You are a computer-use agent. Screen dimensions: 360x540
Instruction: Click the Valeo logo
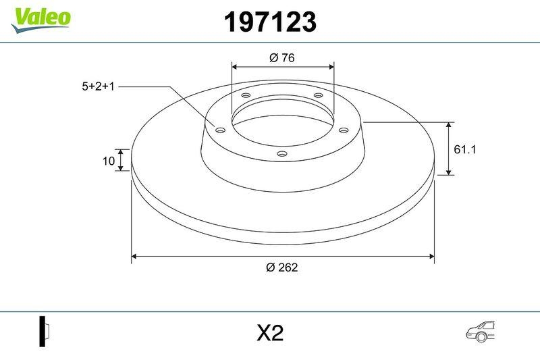(x=40, y=18)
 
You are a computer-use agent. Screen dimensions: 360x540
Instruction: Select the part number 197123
(x=269, y=23)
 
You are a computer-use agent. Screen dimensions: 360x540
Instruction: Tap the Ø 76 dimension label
(x=282, y=58)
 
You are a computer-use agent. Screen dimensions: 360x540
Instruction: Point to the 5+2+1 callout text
(x=99, y=86)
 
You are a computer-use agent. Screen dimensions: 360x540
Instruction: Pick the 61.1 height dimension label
(x=465, y=150)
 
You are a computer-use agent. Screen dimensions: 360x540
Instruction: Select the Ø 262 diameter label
(x=282, y=267)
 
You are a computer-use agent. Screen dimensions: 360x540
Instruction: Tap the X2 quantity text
(x=269, y=333)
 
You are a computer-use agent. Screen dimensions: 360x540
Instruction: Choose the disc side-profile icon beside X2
(x=45, y=332)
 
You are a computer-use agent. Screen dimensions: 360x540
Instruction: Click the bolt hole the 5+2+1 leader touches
(x=221, y=129)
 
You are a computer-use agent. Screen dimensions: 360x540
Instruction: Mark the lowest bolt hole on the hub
(x=282, y=155)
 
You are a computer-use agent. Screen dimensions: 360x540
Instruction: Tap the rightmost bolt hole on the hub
(x=342, y=130)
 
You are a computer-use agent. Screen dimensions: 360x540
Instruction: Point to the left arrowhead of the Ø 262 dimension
(x=134, y=256)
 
